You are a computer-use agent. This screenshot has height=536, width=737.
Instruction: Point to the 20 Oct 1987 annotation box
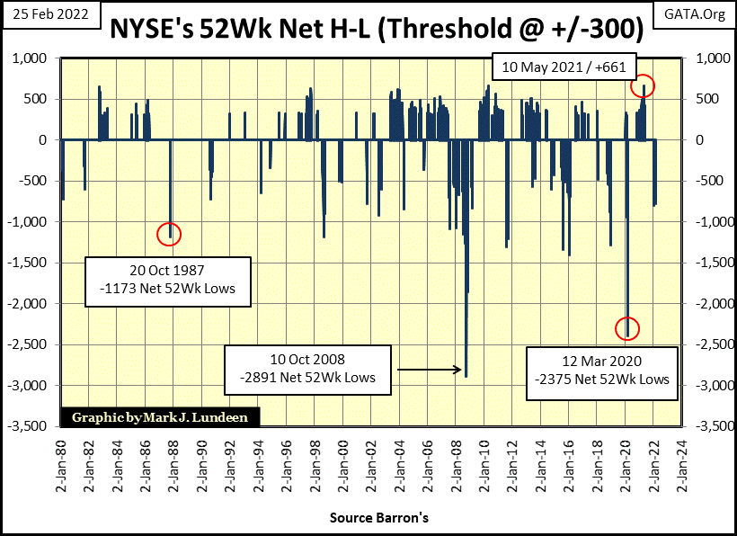(x=169, y=281)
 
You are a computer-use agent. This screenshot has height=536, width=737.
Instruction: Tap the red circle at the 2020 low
(x=627, y=328)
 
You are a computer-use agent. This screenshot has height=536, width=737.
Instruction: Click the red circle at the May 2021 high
(x=643, y=85)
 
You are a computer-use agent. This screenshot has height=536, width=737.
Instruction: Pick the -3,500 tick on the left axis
(x=33, y=426)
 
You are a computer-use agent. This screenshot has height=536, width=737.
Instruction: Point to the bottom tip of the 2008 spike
(x=466, y=375)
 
